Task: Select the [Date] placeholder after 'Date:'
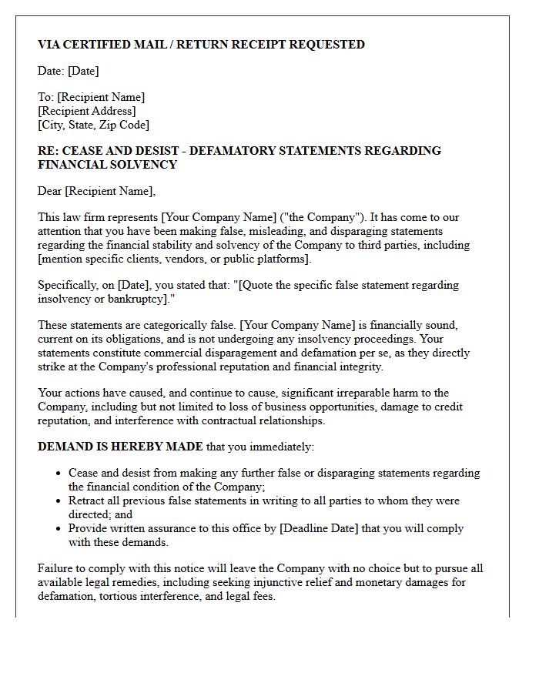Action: (x=83, y=71)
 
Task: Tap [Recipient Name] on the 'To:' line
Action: (x=101, y=97)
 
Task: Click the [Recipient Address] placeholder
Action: (x=86, y=111)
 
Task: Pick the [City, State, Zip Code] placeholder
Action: (x=93, y=125)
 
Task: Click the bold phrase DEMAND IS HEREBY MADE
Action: (x=120, y=447)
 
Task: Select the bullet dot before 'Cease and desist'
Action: (x=59, y=474)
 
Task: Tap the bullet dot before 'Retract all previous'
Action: (x=59, y=501)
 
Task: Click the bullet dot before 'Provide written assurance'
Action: (x=59, y=529)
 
